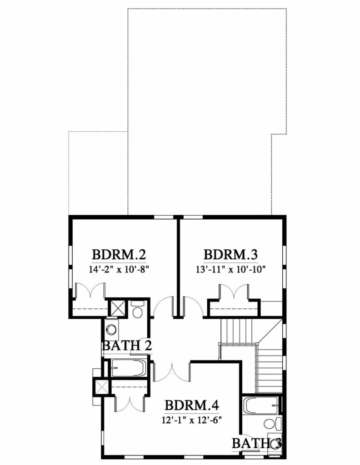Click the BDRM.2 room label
tap(119, 255)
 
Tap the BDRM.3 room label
tap(230, 255)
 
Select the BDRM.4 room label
tap(192, 405)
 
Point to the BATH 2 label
tap(127, 346)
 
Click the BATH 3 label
tap(256, 443)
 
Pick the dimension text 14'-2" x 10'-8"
tap(119, 270)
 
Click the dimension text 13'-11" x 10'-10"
tap(230, 270)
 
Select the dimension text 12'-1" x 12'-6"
tap(192, 420)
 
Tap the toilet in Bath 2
tap(137, 309)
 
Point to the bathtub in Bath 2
tap(129, 368)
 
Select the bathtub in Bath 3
tap(261, 406)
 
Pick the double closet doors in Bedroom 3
tap(234, 292)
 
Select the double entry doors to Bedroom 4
tap(171, 371)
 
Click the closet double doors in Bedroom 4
tap(130, 403)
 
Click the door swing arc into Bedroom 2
tap(163, 306)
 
